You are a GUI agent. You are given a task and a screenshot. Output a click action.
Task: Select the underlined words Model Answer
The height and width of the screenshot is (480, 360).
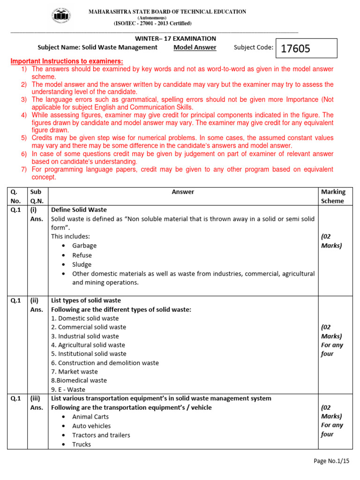coord(195,47)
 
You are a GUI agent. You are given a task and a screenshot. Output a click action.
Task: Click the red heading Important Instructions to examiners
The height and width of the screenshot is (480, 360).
coord(67,61)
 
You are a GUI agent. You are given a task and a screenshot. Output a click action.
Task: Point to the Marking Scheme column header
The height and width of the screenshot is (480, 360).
coord(332,196)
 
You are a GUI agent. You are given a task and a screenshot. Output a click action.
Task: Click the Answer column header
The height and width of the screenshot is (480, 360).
coord(183,192)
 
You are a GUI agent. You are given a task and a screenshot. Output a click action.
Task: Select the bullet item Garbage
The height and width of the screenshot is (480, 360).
coord(84,246)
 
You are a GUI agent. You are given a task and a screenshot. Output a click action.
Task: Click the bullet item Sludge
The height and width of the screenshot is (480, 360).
coord(82,264)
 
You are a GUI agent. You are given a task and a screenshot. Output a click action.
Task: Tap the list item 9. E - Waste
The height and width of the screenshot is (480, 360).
coord(68,390)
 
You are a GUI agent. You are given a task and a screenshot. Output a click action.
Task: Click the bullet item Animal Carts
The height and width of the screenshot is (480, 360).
coord(90,417)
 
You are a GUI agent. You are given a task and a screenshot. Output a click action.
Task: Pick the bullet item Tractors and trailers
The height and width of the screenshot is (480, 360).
coord(101,435)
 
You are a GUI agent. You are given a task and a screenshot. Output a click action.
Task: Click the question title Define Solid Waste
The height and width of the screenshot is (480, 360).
coord(79,210)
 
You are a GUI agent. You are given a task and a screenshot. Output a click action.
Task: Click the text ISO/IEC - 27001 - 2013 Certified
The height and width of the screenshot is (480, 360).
coord(152,23)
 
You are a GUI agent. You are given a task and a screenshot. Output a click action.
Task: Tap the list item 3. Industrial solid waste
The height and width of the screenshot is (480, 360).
coord(85,336)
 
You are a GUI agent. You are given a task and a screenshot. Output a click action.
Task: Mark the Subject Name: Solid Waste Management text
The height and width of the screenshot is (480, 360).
coord(97,47)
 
